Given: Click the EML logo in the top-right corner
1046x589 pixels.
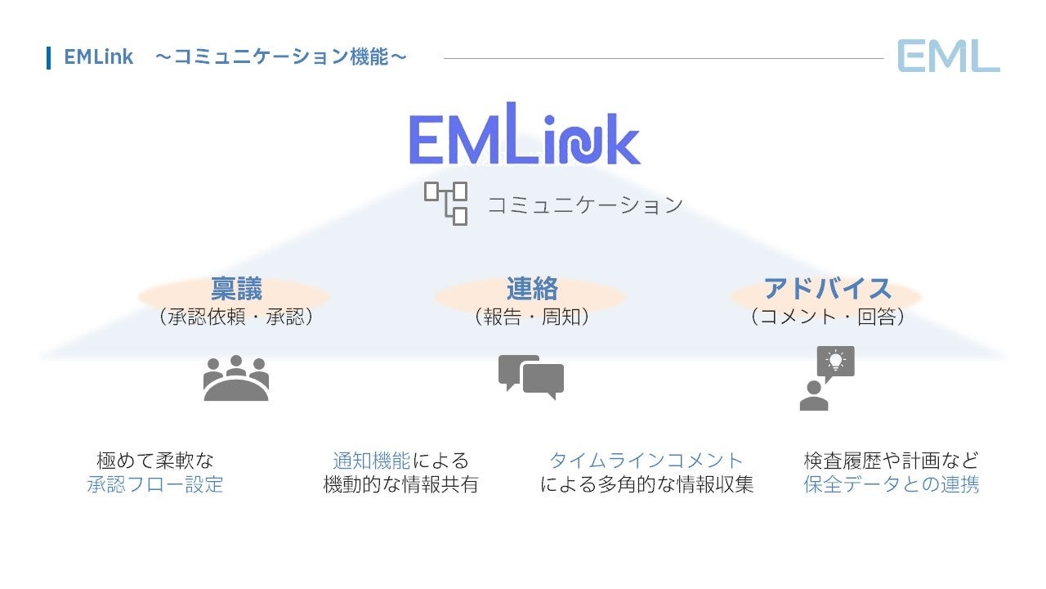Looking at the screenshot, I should coord(948,56).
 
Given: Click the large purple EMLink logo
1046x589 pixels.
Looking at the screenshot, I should coord(525,136).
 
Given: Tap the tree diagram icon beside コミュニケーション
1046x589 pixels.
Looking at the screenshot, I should coord(445,203).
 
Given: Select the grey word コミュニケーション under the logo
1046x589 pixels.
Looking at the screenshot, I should coord(584,205).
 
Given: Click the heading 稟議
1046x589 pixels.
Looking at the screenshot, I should coord(236,289).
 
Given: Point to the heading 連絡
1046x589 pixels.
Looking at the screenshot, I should coord(532,289).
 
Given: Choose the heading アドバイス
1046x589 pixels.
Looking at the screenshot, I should coord(827,289).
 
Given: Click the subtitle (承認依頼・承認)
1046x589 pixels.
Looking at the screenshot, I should coord(236,317).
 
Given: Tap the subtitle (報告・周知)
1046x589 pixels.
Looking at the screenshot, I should coord(532,317).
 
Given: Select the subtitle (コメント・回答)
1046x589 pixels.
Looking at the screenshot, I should coord(827,317).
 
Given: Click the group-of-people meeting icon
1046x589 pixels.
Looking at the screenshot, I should coord(236,378).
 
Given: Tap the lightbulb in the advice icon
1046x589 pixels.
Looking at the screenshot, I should coord(835,360).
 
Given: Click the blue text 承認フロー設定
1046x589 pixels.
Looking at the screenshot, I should coord(155,484).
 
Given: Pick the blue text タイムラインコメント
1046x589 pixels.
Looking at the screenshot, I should coord(646,461).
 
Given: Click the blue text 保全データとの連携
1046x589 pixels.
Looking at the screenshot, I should coord(892,484).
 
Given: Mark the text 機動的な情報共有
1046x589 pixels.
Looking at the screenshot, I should coord(400,484).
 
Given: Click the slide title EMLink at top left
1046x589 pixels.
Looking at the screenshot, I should coord(98,57).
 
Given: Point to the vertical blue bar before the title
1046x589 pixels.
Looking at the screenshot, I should coord(49,57).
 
